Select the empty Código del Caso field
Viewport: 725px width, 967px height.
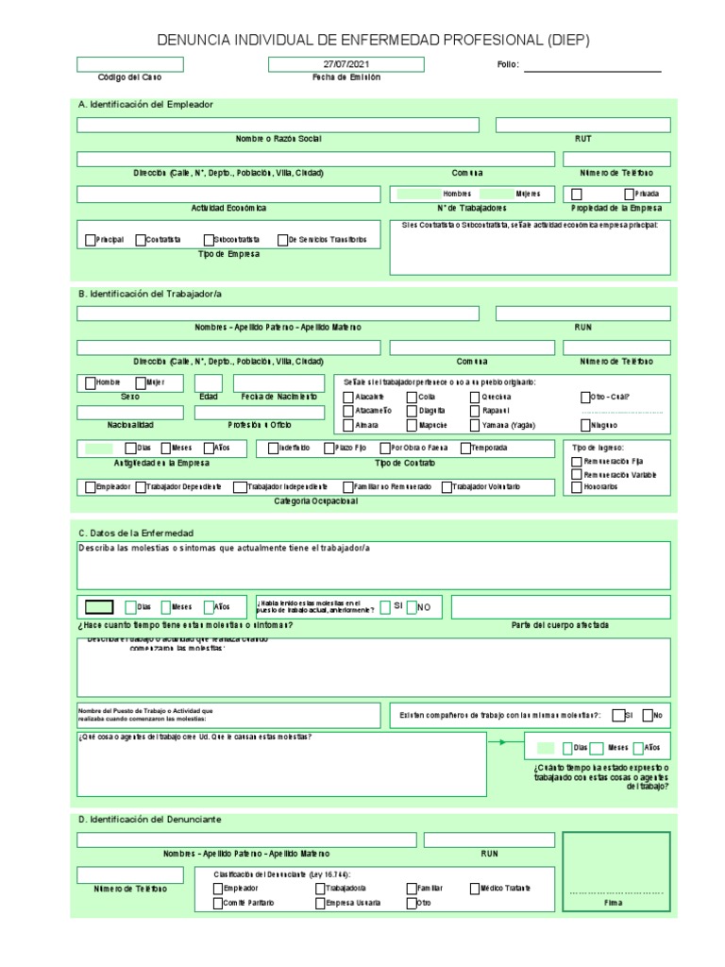(x=130, y=64)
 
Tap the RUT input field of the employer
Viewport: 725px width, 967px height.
(x=582, y=125)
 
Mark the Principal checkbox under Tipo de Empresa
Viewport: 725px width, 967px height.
(x=90, y=240)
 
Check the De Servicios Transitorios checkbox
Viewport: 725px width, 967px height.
(x=282, y=240)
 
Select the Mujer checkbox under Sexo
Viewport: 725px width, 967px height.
(x=141, y=382)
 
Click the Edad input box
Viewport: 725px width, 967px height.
(x=209, y=382)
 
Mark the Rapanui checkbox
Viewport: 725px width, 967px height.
(x=475, y=411)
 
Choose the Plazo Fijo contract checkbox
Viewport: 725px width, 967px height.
(x=329, y=448)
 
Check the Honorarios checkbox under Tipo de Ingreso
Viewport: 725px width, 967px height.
(x=577, y=487)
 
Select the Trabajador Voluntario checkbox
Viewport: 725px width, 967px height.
(x=447, y=487)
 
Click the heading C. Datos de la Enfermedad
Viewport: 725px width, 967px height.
(x=135, y=533)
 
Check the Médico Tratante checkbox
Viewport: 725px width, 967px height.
(x=474, y=888)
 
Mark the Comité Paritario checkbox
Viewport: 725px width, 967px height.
(x=219, y=903)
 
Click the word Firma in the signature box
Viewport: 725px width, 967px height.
(x=614, y=903)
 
